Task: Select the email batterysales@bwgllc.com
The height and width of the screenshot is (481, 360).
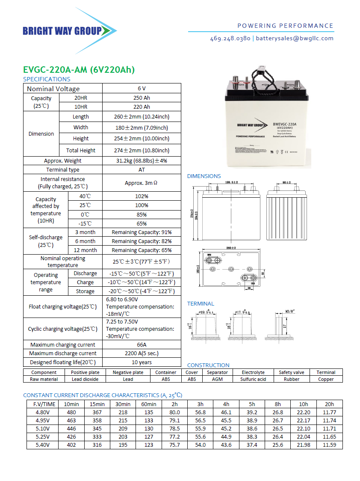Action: [x=295, y=38]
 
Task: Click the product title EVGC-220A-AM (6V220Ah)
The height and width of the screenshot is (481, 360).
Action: [x=79, y=70]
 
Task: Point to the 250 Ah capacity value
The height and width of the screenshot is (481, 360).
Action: [x=142, y=98]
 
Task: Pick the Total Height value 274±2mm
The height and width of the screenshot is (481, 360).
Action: [x=142, y=150]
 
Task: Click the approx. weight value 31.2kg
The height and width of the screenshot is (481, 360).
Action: [x=142, y=161]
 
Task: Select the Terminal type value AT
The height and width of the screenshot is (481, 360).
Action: [x=142, y=170]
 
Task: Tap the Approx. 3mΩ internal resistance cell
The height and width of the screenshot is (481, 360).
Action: [x=142, y=183]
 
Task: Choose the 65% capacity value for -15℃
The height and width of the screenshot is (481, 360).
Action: [x=142, y=223]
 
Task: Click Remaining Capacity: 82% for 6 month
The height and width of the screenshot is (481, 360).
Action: [x=142, y=241]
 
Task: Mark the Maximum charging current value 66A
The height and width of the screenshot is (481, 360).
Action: [x=142, y=344]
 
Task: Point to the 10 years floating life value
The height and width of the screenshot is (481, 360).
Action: [x=142, y=362]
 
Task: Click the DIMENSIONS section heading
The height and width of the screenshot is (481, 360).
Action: [x=204, y=176]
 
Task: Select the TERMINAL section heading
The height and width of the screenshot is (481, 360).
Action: [x=201, y=304]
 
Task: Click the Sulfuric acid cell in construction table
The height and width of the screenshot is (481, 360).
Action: [x=253, y=379]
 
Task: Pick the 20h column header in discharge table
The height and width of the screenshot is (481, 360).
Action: [x=329, y=404]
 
